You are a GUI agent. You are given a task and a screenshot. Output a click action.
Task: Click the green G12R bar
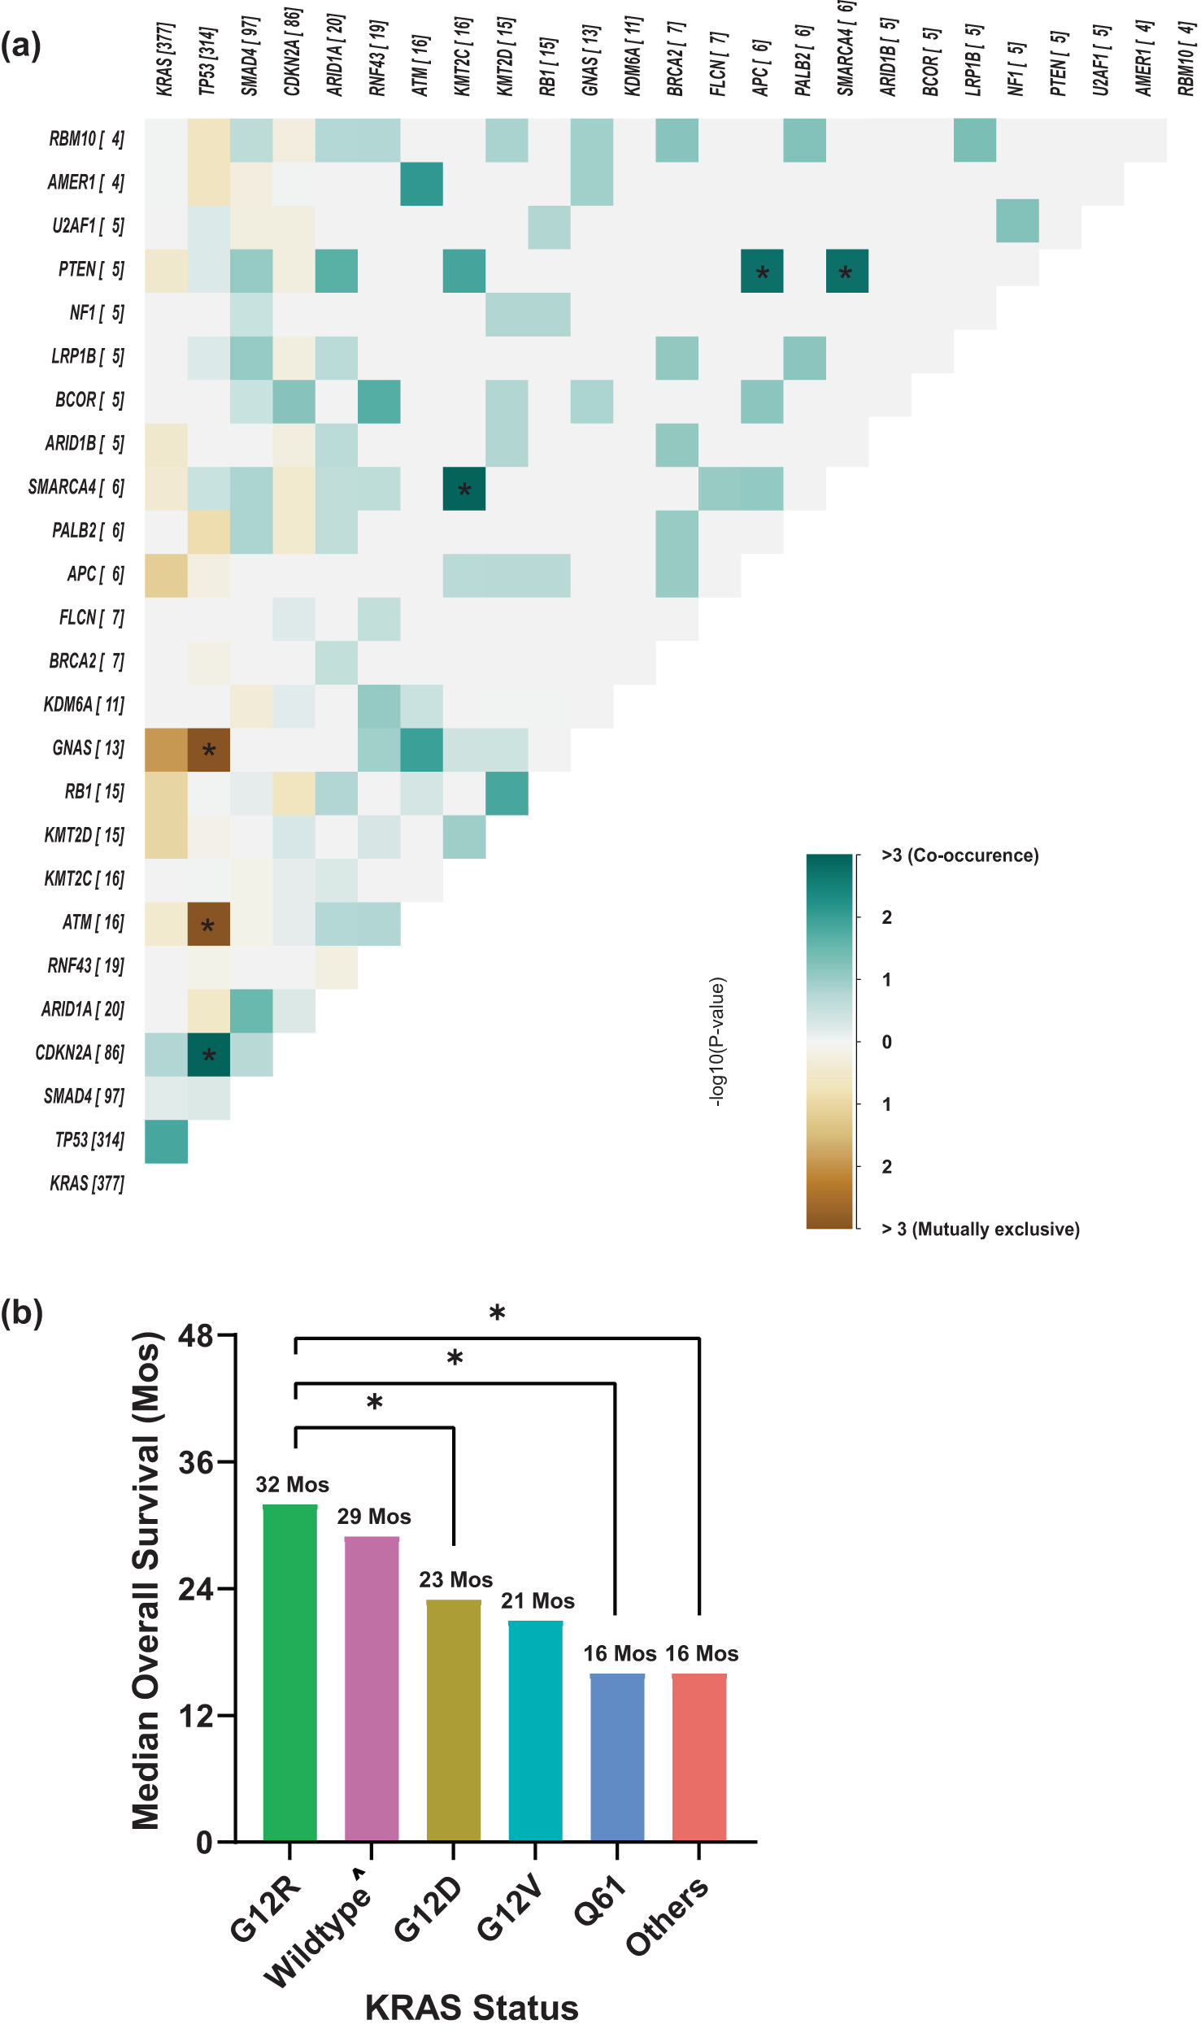click(x=289, y=1675)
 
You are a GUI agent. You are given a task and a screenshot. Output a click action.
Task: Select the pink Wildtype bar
click(x=372, y=1691)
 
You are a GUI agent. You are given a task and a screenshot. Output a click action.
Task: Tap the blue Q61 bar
click(x=617, y=1761)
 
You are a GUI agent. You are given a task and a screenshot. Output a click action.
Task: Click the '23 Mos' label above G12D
click(x=455, y=1579)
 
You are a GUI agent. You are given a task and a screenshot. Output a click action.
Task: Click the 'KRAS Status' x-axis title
click(x=472, y=2008)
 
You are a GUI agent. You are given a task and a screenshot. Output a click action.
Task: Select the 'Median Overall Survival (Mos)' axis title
click(x=146, y=1582)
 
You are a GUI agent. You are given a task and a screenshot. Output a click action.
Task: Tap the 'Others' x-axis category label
click(x=668, y=1916)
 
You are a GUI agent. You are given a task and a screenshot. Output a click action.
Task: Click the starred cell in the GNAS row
click(x=209, y=750)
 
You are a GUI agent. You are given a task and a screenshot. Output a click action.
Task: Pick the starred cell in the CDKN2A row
click(x=209, y=1055)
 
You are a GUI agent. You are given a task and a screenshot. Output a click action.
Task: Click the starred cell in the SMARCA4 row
click(x=464, y=489)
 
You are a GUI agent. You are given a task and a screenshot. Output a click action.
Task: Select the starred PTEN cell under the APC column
click(x=762, y=272)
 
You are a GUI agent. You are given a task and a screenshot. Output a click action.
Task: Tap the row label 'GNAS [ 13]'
click(x=88, y=748)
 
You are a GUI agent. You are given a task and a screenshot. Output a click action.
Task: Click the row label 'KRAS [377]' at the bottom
click(x=87, y=1183)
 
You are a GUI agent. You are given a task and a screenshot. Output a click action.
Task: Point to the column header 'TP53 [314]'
click(x=208, y=61)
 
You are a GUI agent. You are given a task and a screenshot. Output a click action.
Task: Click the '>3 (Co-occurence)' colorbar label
click(x=959, y=855)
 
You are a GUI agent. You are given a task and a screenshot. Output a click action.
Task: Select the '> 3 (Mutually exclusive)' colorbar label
click(x=980, y=1229)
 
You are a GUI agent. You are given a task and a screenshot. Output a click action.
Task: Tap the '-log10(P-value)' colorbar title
click(x=716, y=1042)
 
